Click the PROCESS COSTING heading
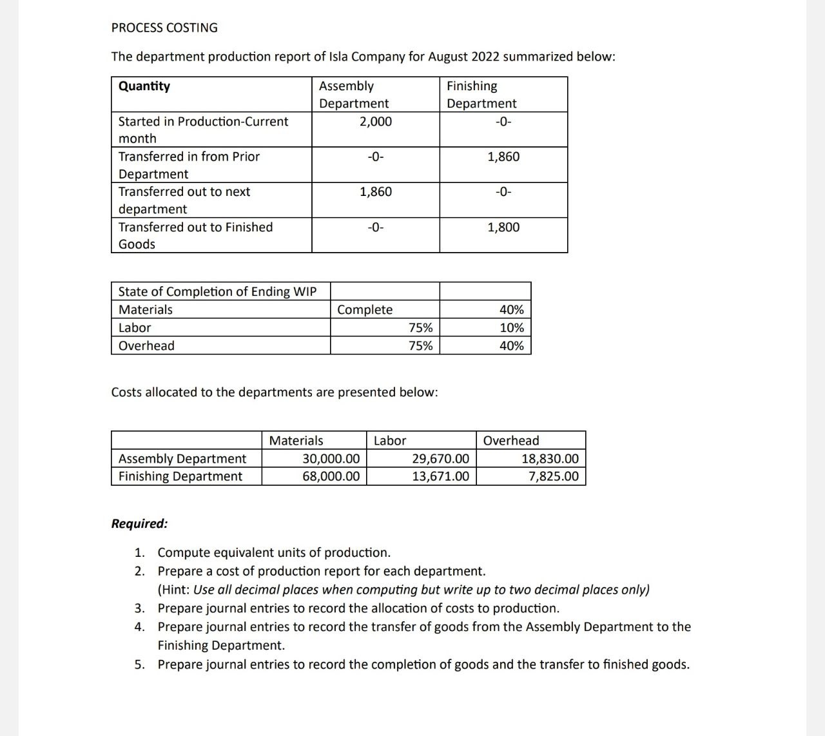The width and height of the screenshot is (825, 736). [x=164, y=28]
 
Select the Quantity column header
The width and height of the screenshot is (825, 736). [x=144, y=86]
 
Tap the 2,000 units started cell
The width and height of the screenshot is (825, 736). [x=375, y=122]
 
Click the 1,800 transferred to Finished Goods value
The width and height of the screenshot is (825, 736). [x=503, y=228]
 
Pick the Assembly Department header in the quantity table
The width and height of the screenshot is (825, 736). [x=354, y=95]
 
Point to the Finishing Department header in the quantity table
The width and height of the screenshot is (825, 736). [x=481, y=95]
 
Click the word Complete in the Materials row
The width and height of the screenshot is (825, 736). [x=365, y=310]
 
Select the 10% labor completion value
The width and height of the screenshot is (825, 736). [x=512, y=328]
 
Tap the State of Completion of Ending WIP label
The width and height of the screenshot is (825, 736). [x=217, y=292]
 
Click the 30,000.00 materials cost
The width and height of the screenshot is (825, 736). [x=331, y=459]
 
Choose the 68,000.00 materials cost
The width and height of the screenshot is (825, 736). [x=331, y=476]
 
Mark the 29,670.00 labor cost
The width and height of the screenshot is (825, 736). [x=440, y=459]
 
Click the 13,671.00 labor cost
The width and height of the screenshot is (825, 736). [x=440, y=476]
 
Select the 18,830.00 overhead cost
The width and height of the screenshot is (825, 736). [x=550, y=459]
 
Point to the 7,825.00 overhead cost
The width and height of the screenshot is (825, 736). [x=553, y=476]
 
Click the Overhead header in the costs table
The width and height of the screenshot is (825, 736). [x=511, y=441]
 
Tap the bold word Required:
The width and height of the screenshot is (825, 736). [x=139, y=523]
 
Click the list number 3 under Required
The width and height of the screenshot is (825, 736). [x=139, y=608]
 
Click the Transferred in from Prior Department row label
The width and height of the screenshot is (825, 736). [x=189, y=165]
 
